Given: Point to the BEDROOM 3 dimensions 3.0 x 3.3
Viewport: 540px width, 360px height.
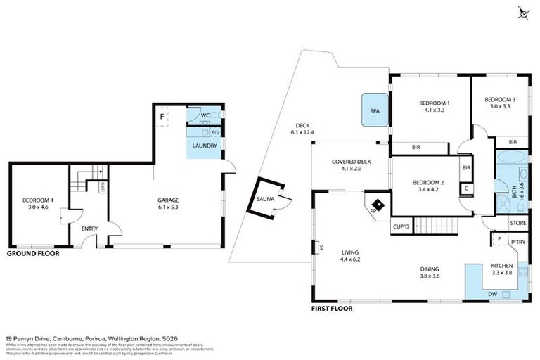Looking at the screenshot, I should click(x=500, y=107).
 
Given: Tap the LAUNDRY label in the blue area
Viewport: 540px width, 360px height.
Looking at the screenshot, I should click(x=205, y=146).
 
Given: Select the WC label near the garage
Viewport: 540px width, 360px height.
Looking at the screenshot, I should click(x=205, y=115).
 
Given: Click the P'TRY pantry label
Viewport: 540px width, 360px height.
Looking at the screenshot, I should click(x=517, y=243).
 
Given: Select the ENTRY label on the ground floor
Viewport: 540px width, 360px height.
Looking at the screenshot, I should click(x=90, y=229).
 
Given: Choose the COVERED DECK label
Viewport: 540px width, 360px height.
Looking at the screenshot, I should click(x=351, y=162).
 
